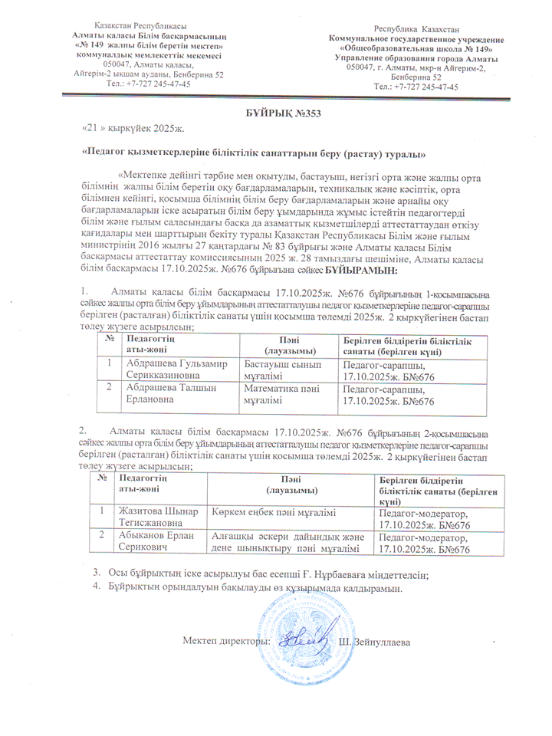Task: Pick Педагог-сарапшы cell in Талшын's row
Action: click(387, 394)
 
